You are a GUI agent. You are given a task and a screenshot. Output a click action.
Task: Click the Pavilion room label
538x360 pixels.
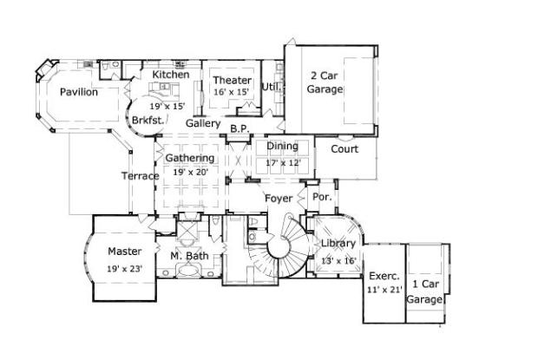pos(79,92)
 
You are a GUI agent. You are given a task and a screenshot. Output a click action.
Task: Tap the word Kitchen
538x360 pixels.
pos(171,75)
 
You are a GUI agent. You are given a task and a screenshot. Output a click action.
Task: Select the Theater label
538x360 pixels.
pos(232,81)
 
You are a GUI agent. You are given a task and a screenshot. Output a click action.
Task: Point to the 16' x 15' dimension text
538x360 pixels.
pos(232,92)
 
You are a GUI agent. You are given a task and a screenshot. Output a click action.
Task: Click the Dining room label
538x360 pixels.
pos(282,147)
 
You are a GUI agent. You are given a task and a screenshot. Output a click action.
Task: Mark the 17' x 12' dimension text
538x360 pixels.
pos(282,161)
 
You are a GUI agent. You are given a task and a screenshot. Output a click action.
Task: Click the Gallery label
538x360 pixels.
pos(203,123)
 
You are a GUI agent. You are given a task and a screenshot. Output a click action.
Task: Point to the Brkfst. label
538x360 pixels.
pos(148,120)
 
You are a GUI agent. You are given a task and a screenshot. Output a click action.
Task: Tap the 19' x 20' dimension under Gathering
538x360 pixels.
pos(189,172)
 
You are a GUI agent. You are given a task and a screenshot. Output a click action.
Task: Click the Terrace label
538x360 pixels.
pos(140,176)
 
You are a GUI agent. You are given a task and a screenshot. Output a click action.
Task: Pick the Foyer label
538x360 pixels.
pos(279,199)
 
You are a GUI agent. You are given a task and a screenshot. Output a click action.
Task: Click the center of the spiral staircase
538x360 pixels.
pos(279,248)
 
